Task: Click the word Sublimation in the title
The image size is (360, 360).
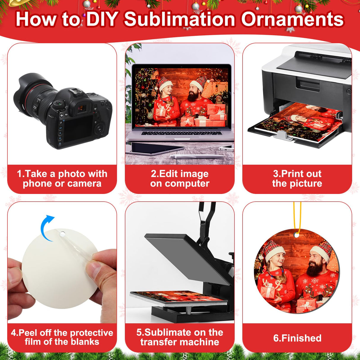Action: (x=179, y=20)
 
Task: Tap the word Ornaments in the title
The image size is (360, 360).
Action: (x=292, y=20)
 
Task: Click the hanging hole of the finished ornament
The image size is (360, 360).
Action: (x=296, y=235)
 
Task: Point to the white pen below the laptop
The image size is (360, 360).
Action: (x=196, y=156)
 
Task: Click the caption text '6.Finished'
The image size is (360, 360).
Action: (x=297, y=338)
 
